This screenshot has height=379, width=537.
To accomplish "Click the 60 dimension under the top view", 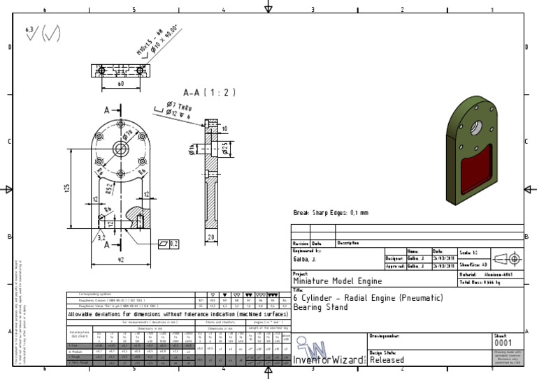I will coord(120,84).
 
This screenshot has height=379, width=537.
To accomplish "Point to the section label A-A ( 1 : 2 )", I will coord(209,92).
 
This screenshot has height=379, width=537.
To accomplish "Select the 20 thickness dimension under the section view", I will coord(212,237).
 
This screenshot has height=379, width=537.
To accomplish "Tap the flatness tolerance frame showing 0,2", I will coord(169,244).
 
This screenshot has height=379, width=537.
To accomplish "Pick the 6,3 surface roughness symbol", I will coord(30,31).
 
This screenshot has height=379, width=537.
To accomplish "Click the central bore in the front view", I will coord(120,147).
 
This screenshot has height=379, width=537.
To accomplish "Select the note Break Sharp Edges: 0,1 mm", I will coord(331,212).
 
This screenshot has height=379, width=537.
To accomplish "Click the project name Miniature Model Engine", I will coord(327,281).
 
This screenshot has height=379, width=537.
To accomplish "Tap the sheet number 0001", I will coord(503,343).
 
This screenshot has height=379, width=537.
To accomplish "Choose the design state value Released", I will coord(386,361).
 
